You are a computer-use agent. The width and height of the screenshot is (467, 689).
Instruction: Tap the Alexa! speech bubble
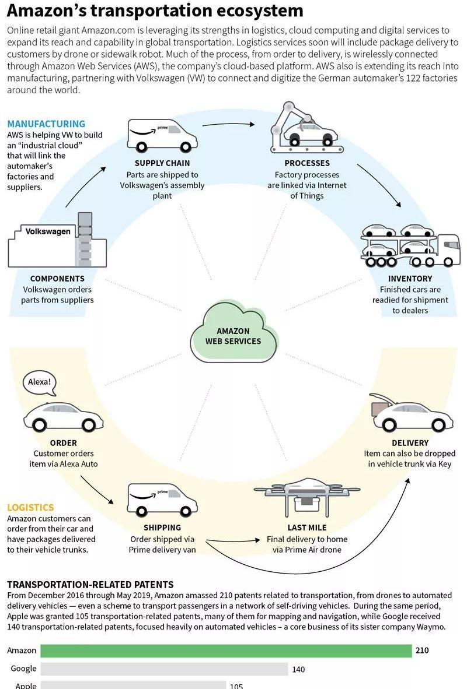coord(40,383)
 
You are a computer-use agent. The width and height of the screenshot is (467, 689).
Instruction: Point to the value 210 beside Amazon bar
coord(421,651)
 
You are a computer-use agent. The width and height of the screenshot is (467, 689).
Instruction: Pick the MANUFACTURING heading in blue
coord(46,124)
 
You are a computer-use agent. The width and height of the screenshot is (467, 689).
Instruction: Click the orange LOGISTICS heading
coord(30,508)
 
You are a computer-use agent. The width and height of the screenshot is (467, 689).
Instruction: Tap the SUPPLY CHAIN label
coord(162,163)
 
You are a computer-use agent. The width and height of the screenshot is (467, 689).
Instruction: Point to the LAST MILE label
coord(307,528)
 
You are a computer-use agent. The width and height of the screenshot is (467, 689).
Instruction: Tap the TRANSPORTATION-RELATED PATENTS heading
coord(90,584)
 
